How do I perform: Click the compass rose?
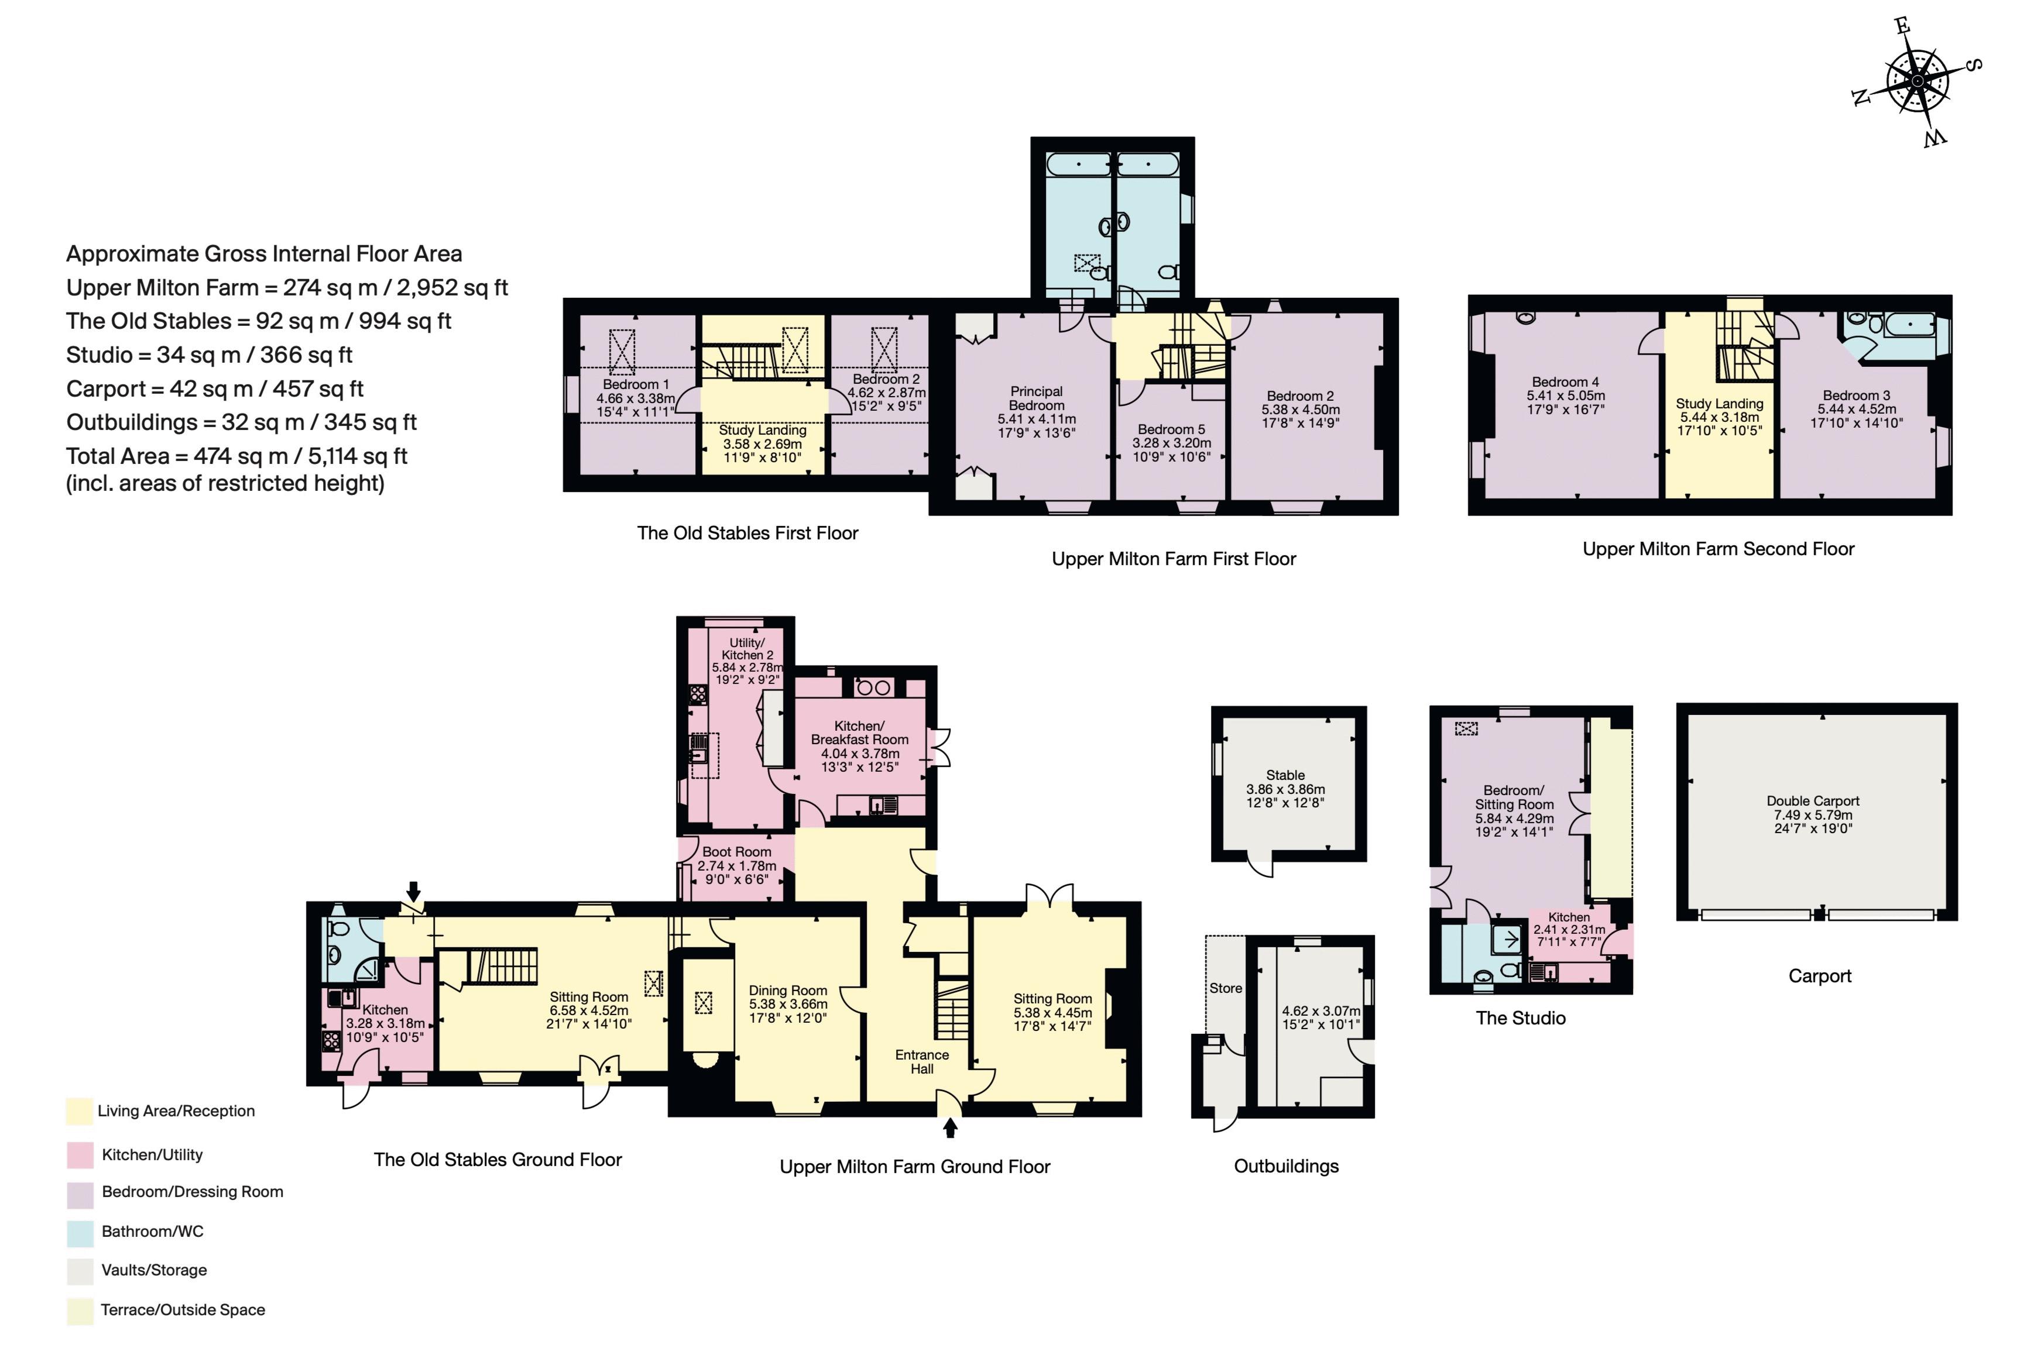click(1916, 81)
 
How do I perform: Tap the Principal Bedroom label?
click(1036, 412)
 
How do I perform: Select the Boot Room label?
click(736, 865)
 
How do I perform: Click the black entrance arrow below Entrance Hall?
click(951, 1127)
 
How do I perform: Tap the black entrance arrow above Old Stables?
click(414, 891)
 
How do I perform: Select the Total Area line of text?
click(236, 456)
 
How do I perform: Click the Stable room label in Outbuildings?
click(1286, 789)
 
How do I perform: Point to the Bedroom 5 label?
click(1171, 442)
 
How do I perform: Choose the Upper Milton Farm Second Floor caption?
click(1718, 549)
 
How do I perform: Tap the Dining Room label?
click(788, 1004)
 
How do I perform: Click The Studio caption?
click(1521, 1019)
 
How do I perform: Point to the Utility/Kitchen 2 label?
click(747, 661)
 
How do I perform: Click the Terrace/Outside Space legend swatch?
click(80, 1311)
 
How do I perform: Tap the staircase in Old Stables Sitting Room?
click(503, 967)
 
